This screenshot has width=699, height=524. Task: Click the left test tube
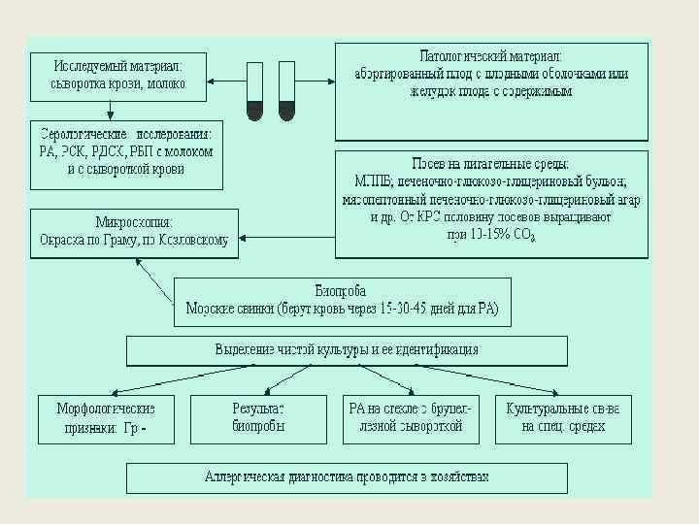[x=254, y=91]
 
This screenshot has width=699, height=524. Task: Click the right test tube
[x=286, y=91]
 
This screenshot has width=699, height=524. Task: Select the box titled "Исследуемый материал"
[x=117, y=75]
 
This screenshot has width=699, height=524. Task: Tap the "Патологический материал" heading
[x=490, y=56]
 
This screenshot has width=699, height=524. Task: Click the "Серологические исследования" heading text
[x=126, y=135]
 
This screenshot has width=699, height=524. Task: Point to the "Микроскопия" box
[x=134, y=232]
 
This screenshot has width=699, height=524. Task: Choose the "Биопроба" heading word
[x=339, y=289]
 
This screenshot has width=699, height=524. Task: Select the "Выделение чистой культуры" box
[x=347, y=349]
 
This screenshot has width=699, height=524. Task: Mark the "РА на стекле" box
[x=410, y=418]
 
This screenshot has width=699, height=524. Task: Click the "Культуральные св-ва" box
[x=562, y=418]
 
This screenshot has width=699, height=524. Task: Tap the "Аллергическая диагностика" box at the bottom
[x=347, y=477]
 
